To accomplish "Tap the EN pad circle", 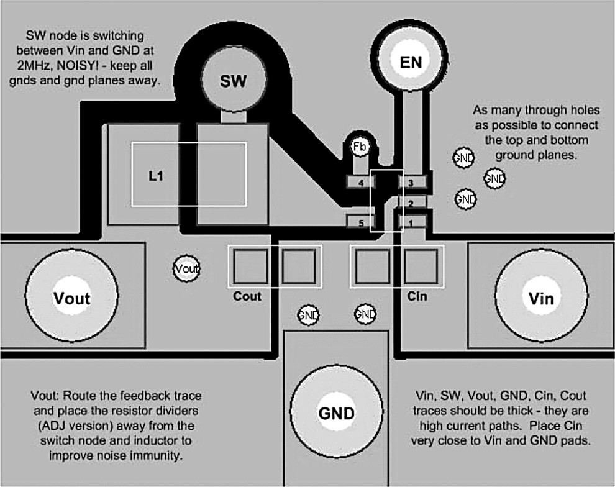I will pos(411,62).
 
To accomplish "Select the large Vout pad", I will pos(71,297).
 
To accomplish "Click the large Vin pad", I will pos(541,297).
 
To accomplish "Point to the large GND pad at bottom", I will pos(336,413).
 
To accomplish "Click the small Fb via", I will pos(359,147).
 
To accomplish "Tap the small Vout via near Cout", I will pos(187,269).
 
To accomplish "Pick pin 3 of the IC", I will pos(411,182).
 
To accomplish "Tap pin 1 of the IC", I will pos(411,222).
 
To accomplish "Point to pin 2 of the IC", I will pos(410,203).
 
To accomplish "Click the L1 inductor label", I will pos(155,176).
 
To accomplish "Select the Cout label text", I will pos(247,296).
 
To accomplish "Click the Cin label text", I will pos(417,296).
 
